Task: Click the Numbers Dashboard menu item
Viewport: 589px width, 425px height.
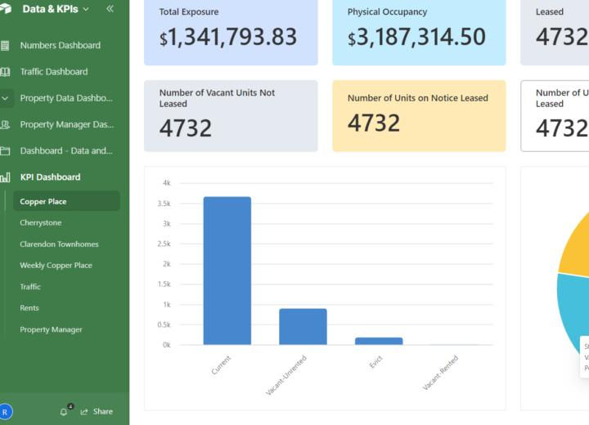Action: [x=60, y=45]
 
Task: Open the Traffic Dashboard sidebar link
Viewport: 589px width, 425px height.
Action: [x=53, y=71]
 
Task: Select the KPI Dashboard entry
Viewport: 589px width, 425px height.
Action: [x=50, y=177]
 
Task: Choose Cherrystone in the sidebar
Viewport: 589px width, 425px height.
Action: [x=41, y=222]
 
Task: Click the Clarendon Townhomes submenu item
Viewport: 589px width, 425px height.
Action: [x=59, y=244]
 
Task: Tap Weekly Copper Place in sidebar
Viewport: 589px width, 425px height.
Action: [x=56, y=265]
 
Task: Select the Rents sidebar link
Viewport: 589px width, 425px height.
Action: [x=29, y=308]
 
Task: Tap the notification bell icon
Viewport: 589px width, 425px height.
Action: [x=64, y=411]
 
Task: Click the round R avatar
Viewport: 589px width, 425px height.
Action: [x=6, y=412]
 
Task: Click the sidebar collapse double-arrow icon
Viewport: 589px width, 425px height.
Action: [x=110, y=9]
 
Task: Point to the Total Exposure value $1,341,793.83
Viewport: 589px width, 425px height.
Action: [x=228, y=37]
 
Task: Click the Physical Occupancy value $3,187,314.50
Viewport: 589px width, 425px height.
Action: [x=416, y=37]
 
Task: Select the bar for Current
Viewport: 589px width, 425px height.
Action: [x=227, y=271]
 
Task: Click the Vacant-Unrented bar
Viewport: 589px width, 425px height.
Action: [x=303, y=326]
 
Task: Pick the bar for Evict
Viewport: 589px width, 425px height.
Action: [x=379, y=340]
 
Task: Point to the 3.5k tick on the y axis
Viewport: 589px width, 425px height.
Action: [x=166, y=204]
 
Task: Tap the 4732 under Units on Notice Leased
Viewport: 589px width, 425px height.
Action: [x=374, y=123]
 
